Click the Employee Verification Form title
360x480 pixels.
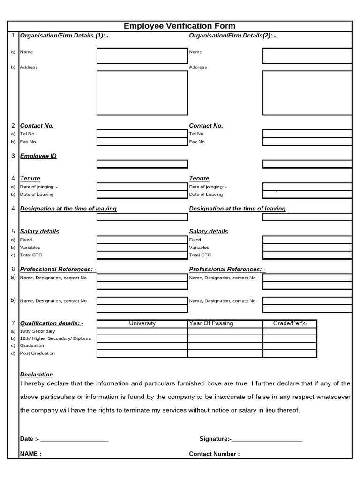[x=180, y=26]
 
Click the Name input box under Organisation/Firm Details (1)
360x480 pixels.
[x=142, y=56]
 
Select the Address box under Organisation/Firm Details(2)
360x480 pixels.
[x=307, y=93]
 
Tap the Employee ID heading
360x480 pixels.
[x=38, y=156]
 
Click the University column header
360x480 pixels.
[x=142, y=323]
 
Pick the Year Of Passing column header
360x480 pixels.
[x=211, y=323]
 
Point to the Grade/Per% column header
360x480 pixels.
[x=290, y=323]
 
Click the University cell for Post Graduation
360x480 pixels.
[x=142, y=353]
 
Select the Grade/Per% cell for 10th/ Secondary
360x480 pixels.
[x=290, y=331]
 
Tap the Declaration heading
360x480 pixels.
[x=37, y=375]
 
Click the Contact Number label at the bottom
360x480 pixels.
[x=214, y=454]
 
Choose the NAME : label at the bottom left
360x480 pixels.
[x=31, y=454]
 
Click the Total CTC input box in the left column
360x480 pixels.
[x=142, y=255]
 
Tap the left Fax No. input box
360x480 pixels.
[x=142, y=142]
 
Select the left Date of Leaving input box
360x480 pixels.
[x=142, y=195]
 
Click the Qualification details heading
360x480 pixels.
[x=52, y=323]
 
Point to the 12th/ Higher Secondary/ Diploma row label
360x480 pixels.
[x=55, y=338]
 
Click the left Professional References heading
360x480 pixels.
[x=58, y=270]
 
